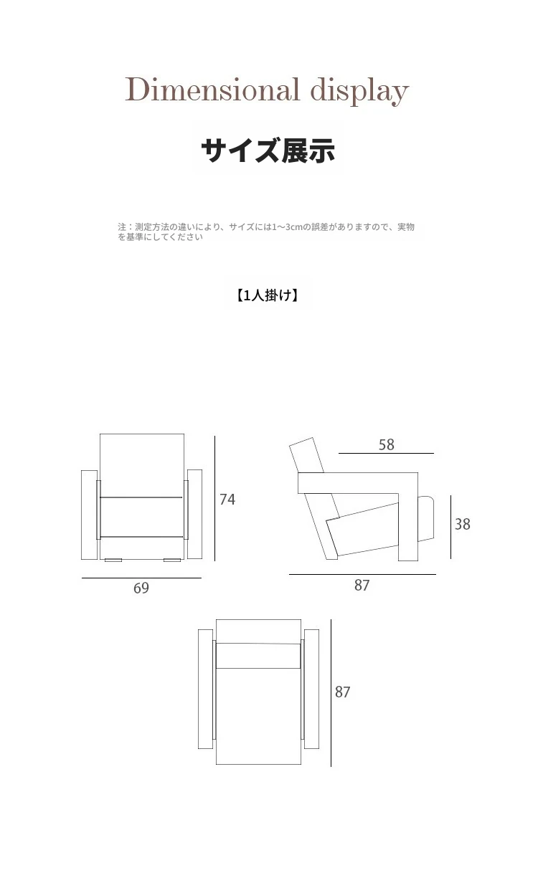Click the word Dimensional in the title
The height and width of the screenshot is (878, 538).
pos(212,90)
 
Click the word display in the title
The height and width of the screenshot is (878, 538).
pos(359,91)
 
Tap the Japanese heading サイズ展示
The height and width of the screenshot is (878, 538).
pos(268,150)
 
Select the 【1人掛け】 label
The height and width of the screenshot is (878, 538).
pos(268,295)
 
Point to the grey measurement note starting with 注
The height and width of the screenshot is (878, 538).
pos(266,232)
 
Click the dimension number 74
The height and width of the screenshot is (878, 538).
pos(227,500)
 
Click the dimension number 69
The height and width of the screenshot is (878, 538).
pos(141,588)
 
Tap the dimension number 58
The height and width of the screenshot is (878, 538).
pos(387,444)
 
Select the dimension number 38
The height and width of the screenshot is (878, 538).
pos(462,524)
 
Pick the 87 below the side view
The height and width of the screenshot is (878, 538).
pos(362,585)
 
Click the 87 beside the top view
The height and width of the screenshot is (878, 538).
pos(342,692)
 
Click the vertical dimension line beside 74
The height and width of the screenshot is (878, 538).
pos(214,498)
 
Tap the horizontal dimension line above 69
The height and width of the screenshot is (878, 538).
pos(141,578)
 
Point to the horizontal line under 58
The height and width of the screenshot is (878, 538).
pos(386,453)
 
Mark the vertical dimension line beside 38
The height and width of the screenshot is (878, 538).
pos(451,527)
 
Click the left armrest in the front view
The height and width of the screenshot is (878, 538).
pos(89,515)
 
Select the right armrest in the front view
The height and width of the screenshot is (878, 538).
pos(194,515)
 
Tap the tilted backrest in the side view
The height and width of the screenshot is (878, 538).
pos(306,455)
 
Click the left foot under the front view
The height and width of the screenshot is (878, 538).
pos(113,560)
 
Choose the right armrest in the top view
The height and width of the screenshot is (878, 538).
pos(311,689)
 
